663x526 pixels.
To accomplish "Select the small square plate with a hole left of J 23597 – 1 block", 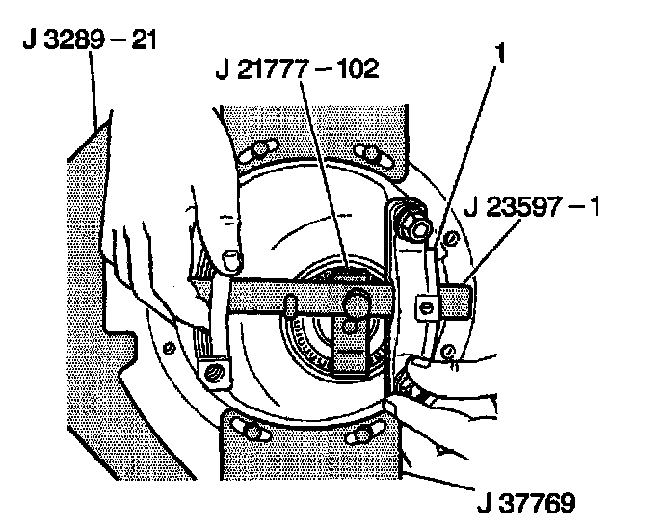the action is coord(425,306).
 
